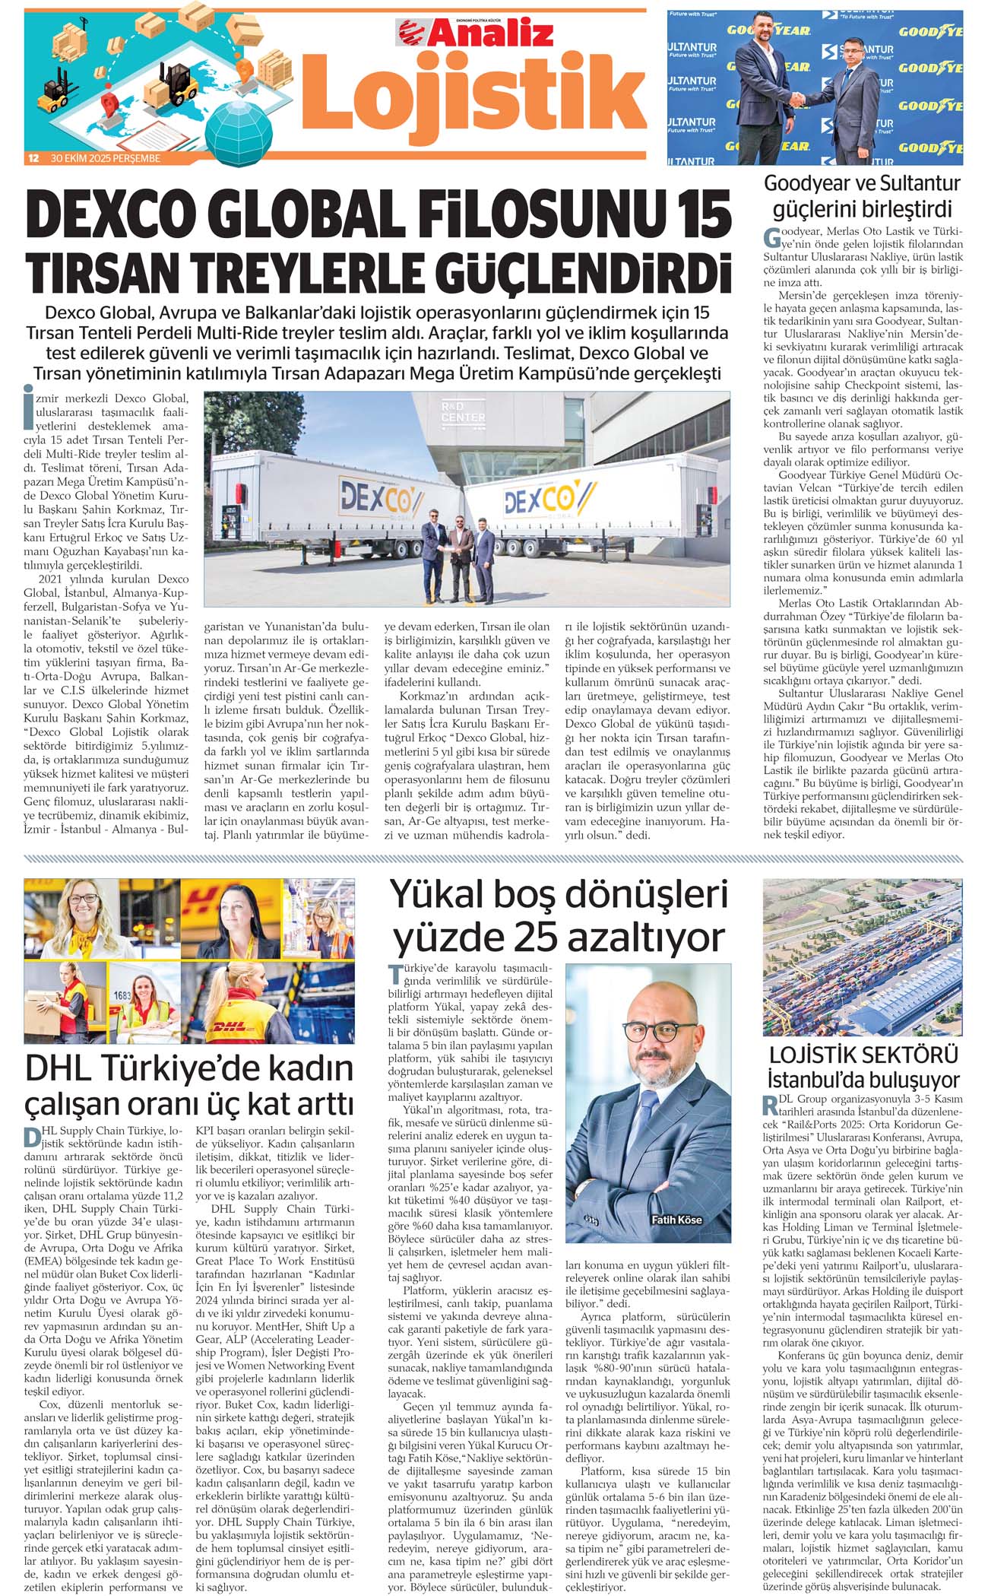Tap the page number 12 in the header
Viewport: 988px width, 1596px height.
33,159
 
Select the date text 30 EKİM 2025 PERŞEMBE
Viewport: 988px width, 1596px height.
106,159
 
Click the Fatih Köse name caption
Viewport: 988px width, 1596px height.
676,1220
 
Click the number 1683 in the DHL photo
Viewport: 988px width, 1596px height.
122,995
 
